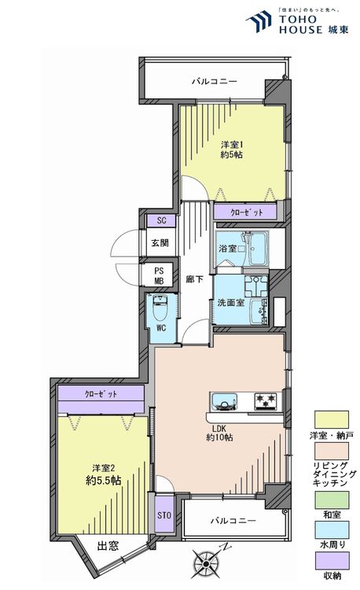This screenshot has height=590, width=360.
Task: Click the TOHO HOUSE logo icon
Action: point(259,21)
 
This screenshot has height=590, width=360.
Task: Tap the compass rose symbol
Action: point(206,562)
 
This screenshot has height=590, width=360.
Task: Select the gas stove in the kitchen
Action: point(266,401)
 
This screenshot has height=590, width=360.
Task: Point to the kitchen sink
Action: point(224,402)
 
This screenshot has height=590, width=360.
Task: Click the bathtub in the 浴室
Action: point(259,249)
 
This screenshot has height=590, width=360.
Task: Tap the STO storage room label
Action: point(164,514)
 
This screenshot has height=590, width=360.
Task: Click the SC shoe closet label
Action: point(161,220)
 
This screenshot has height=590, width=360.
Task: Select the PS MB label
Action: point(160,276)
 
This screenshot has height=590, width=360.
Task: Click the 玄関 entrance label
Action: point(160,243)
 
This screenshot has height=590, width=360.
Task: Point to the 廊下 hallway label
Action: point(195,279)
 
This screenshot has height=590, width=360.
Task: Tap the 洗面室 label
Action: point(231,302)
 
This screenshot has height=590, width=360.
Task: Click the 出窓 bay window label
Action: point(108,546)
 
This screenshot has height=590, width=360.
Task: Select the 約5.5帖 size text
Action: point(103,481)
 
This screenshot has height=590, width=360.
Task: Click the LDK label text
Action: point(219,429)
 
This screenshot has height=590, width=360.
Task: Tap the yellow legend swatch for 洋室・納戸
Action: point(332,419)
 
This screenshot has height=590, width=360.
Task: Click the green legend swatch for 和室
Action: point(332,500)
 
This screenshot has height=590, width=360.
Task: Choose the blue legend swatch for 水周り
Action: point(332,529)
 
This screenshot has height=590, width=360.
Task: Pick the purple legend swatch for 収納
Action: point(332,561)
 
